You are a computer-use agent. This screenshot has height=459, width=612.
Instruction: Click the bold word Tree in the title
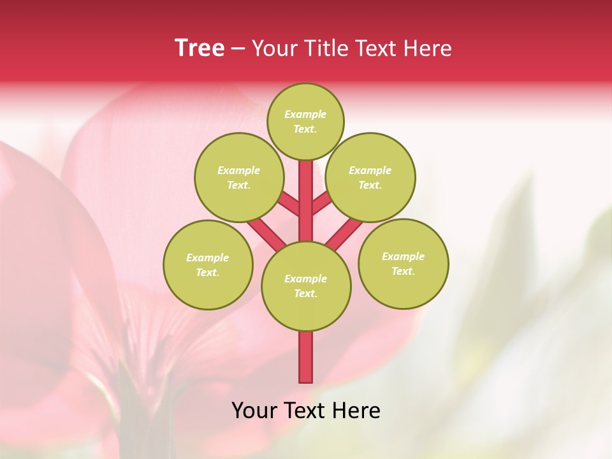(200, 48)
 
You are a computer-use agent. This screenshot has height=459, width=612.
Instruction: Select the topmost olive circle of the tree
(305, 121)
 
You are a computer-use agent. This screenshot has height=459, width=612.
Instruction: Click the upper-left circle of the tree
(238, 177)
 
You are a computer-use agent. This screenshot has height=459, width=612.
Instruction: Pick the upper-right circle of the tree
(370, 177)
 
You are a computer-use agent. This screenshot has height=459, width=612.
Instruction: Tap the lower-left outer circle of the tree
(208, 265)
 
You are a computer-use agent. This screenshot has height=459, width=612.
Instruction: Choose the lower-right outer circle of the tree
(403, 263)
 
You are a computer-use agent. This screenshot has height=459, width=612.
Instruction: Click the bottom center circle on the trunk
(306, 286)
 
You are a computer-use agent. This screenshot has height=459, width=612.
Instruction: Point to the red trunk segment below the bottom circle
(306, 357)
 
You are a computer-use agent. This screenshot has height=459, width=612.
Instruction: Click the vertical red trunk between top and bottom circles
(306, 198)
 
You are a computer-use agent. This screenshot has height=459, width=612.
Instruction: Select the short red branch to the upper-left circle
(289, 205)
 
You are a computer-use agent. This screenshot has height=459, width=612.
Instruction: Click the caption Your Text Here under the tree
(306, 411)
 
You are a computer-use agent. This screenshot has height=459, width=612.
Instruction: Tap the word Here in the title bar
(429, 48)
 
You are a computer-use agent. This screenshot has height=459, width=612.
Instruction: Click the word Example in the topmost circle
(305, 114)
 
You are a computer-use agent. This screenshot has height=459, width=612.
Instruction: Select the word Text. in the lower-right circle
(403, 271)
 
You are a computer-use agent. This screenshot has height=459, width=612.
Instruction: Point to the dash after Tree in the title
(238, 48)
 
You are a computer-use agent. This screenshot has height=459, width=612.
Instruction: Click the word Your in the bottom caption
(254, 411)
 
